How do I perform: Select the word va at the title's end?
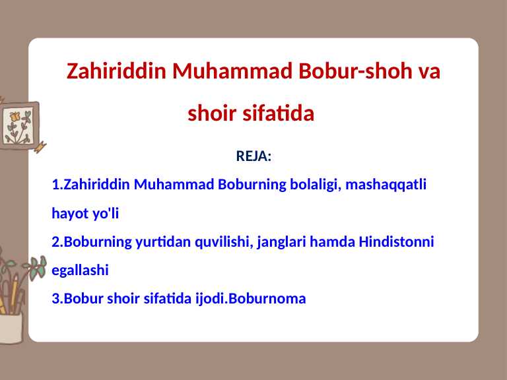[429, 71]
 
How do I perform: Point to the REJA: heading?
[253, 156]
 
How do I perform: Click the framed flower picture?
[18, 125]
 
